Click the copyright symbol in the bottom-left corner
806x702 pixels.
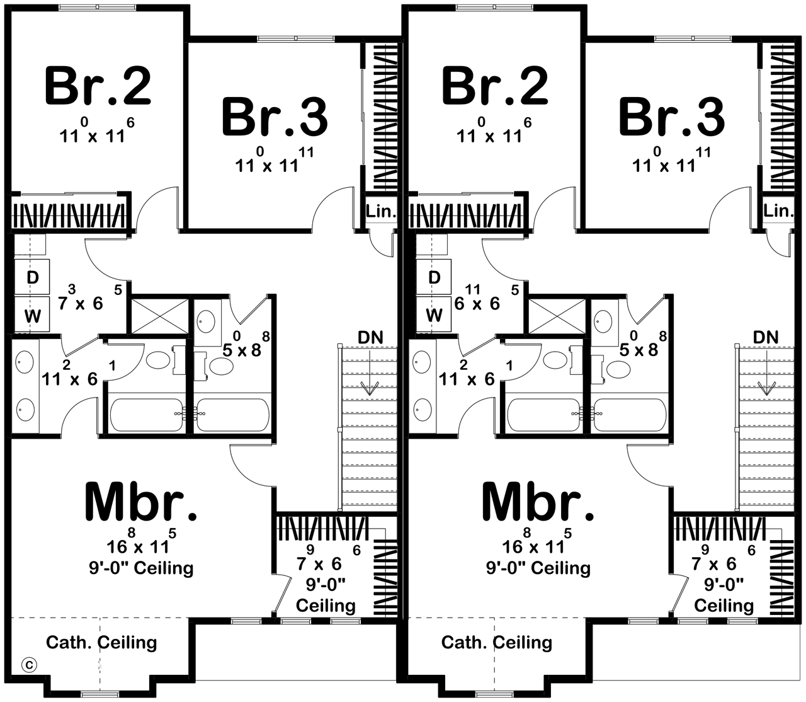pos(29,664)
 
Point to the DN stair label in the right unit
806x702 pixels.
pos(766,337)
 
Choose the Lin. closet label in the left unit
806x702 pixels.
pos(380,211)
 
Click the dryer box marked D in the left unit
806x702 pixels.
pos(32,277)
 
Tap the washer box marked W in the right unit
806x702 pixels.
pos(434,314)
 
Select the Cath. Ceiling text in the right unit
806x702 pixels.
pos(497,642)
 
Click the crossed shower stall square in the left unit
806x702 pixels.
pos(158,315)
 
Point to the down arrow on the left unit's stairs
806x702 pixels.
pos(370,386)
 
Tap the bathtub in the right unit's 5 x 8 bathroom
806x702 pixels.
pos(628,415)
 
